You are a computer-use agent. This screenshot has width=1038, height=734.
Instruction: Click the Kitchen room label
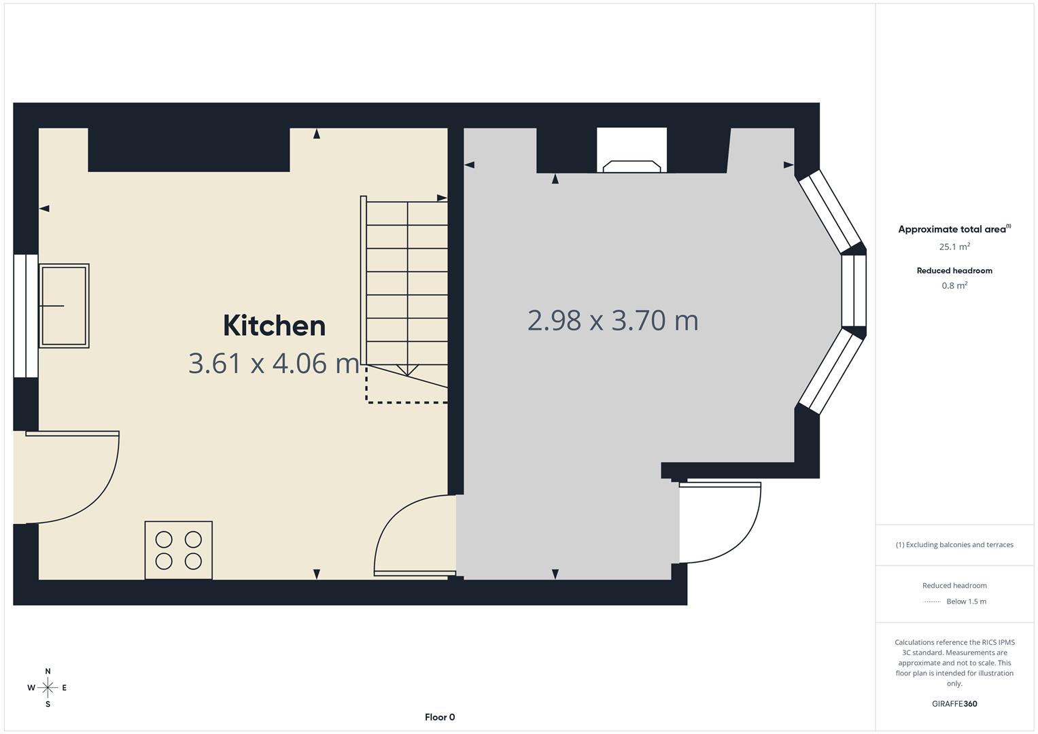pyautogui.click(x=274, y=326)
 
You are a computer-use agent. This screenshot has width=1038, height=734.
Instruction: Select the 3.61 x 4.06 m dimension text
pyautogui.click(x=273, y=363)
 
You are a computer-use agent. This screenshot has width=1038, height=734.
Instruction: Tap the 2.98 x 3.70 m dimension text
pyautogui.click(x=612, y=321)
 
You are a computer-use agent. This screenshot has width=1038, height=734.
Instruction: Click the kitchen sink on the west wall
pyautogui.click(x=64, y=306)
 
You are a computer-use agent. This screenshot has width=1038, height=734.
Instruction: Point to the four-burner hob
pyautogui.click(x=179, y=550)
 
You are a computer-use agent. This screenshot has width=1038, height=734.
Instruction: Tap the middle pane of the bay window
pyautogui.click(x=854, y=291)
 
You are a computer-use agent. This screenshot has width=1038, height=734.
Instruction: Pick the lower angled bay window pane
pyautogui.click(x=830, y=372)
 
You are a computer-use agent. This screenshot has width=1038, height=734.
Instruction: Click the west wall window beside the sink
pyautogui.click(x=26, y=316)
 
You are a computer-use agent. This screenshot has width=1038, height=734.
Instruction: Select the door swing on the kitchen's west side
pyautogui.click(x=75, y=476)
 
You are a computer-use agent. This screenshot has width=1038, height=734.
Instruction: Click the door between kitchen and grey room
pyautogui.click(x=411, y=537)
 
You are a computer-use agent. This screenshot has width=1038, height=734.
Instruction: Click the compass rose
pyautogui.click(x=48, y=688)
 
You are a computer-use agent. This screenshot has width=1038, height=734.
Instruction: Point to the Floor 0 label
pyautogui.click(x=440, y=717)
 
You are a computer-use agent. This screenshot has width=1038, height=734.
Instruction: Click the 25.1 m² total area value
pyautogui.click(x=954, y=247)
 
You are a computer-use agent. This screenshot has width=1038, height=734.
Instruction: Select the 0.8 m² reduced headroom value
pyautogui.click(x=954, y=285)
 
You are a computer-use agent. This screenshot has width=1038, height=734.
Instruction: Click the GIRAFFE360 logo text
pyautogui.click(x=954, y=703)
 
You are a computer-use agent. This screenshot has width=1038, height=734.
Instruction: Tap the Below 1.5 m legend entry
pyautogui.click(x=965, y=601)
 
